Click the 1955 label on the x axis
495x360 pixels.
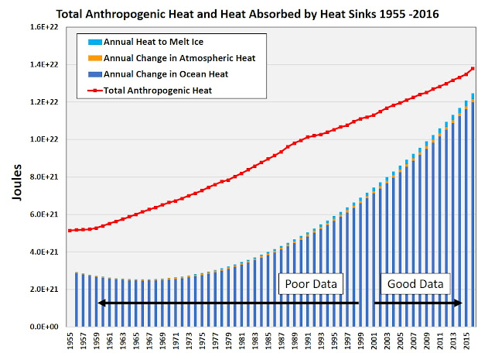coord(70,345)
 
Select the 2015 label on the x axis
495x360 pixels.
coord(467,345)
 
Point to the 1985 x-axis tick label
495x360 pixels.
coord(268,345)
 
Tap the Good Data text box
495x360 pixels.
coord(415,284)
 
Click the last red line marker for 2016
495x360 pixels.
coord(473,69)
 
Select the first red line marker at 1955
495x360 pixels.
coord(70,230)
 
